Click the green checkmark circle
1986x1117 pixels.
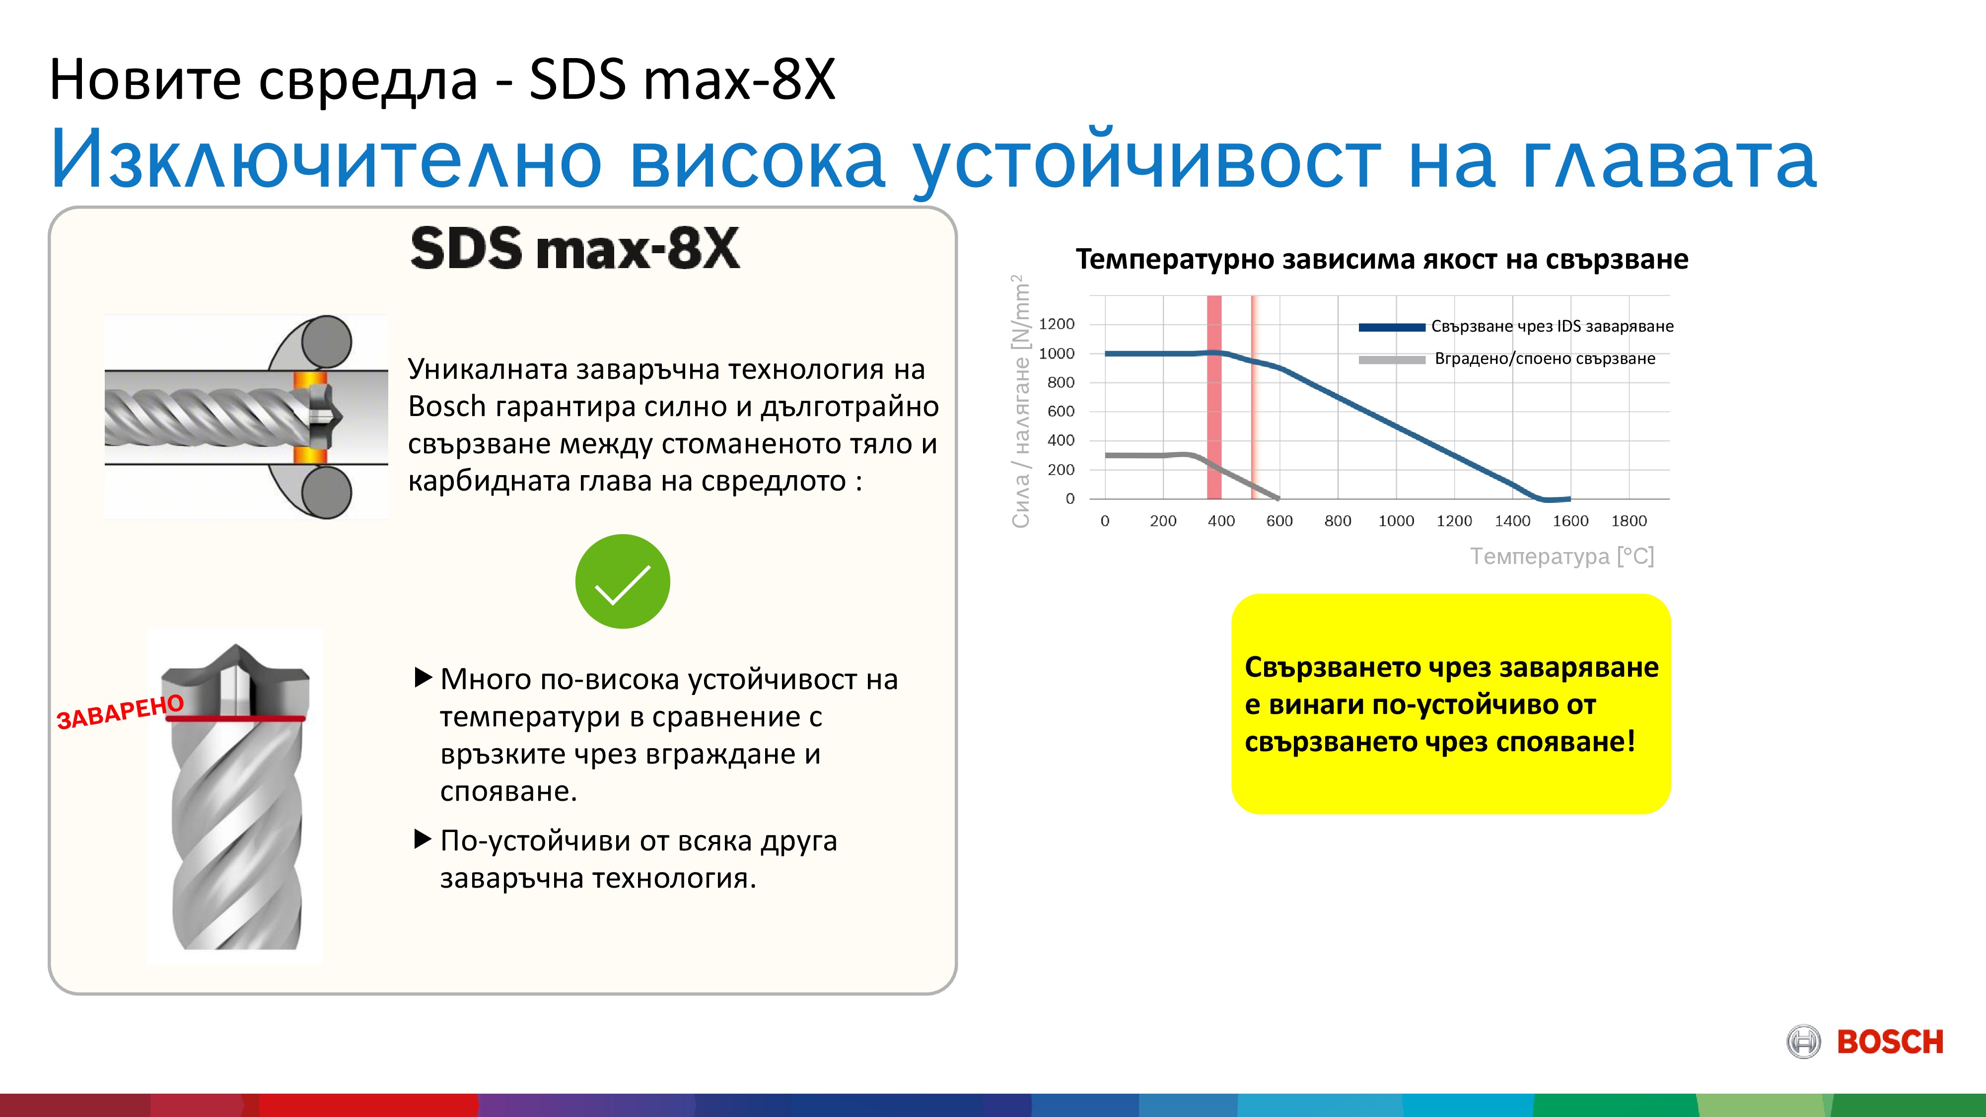[622, 581]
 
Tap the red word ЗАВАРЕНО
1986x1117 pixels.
[120, 711]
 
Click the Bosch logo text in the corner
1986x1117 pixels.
[1890, 1042]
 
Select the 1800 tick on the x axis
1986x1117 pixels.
[1629, 521]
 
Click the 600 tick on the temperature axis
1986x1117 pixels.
[1279, 521]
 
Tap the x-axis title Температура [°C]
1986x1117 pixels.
[1562, 556]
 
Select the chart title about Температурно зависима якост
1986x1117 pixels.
[1382, 259]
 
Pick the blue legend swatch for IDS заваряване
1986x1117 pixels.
[1392, 327]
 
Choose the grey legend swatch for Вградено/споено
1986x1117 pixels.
[1392, 359]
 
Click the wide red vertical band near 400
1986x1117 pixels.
[1214, 397]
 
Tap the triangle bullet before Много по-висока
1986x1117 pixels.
[423, 678]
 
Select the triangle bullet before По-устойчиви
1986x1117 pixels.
[423, 839]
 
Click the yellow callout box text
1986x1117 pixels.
[1451, 704]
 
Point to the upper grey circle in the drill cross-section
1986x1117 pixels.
[327, 342]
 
